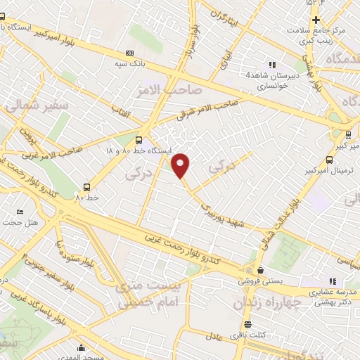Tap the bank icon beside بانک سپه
129,53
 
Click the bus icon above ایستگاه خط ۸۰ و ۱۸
139,140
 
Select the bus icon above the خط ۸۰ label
87,187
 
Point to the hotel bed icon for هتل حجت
20,211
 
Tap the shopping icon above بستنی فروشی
260,270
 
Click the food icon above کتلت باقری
247,324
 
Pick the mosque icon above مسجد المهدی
82,347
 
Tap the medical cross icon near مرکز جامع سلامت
316,20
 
